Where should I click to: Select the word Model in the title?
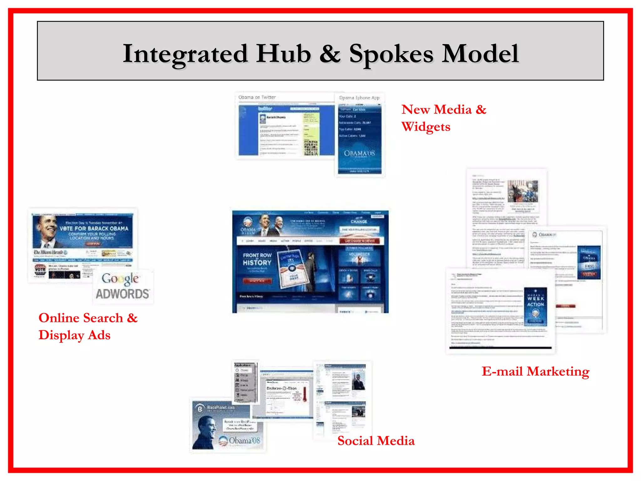(480, 54)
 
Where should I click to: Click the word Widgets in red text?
(426, 127)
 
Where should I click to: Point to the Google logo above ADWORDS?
(120, 279)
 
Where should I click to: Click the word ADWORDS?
(122, 294)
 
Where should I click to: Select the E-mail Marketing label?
(535, 372)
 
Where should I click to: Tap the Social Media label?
(376, 441)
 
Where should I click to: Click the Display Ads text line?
(74, 335)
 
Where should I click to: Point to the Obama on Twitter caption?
(257, 97)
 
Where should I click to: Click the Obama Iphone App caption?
(359, 98)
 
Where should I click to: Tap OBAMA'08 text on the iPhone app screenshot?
(359, 153)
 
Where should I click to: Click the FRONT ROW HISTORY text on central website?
(257, 259)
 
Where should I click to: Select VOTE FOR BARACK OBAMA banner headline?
(94, 229)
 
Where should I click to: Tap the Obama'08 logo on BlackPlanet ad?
(239, 441)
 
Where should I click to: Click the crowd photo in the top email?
(523, 191)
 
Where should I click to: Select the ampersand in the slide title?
(330, 54)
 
